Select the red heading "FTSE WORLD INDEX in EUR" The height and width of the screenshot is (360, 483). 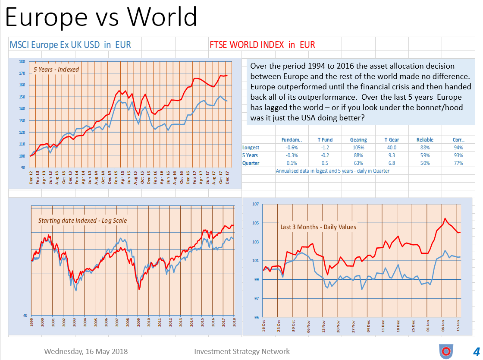coord(262,44)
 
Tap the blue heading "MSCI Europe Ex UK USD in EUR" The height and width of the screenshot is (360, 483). coord(70,44)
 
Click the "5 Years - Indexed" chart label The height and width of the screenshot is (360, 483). coord(56,69)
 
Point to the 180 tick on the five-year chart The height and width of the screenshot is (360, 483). coord(22,62)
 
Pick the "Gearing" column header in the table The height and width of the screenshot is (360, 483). coord(358,140)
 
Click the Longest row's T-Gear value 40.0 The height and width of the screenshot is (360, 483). coord(391,148)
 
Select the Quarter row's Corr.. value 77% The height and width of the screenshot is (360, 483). coord(458,163)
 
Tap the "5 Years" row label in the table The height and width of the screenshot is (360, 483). coord(251,155)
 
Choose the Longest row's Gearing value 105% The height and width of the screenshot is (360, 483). coord(358,148)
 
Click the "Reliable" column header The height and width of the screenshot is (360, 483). coord(425,140)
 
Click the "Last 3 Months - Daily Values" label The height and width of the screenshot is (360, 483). coord(318,227)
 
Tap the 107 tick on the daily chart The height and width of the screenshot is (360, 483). coord(255,204)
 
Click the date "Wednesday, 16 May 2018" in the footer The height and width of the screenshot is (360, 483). coord(86,351)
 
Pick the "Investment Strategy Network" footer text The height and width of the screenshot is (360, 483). coord(242,351)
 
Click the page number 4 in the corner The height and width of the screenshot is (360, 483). coord(476,351)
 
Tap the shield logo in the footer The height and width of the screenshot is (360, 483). coord(445,351)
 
